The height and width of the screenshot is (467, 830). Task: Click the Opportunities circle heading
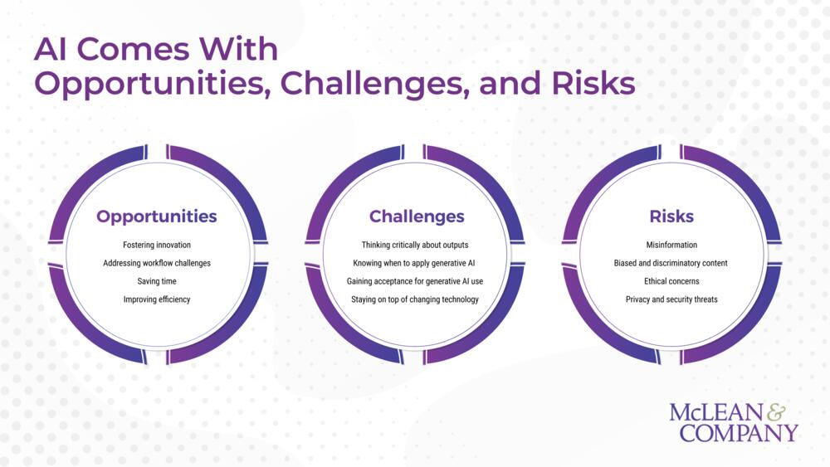[x=157, y=216]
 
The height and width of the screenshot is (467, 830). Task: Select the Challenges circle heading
[x=417, y=216]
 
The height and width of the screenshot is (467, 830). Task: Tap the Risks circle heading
[x=671, y=216]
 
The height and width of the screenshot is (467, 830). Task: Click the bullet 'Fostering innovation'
[x=157, y=245]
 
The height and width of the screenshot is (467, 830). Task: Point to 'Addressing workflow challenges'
[x=157, y=263]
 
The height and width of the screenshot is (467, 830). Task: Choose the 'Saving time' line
[x=157, y=281]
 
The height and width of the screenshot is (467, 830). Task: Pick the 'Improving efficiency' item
[x=157, y=299]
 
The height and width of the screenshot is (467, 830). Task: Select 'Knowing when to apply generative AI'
[x=414, y=263]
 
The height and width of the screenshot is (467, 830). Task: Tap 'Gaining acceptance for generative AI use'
[x=415, y=281]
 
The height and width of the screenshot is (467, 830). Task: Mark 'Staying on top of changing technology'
[x=415, y=299]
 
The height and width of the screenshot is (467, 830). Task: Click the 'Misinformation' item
[x=671, y=245]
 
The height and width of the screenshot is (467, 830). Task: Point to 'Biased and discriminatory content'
[x=671, y=263]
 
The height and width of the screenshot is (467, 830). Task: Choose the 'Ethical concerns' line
[x=671, y=281]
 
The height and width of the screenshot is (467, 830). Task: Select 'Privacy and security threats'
[x=671, y=299]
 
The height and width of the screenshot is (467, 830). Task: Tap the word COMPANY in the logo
[x=739, y=432]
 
